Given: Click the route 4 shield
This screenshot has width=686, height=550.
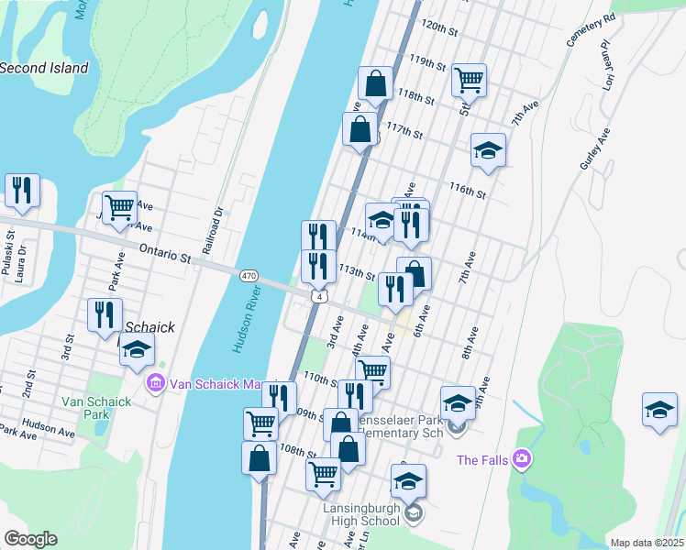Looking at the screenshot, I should point(317,296).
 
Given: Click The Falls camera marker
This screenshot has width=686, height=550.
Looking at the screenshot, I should point(522,458).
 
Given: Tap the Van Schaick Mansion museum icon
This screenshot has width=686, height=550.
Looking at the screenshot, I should point(155,382).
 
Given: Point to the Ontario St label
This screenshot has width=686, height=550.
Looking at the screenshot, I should point(165,254).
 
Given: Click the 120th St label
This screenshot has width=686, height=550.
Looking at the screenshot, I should point(438,29).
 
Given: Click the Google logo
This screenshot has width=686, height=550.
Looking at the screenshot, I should point(30,539).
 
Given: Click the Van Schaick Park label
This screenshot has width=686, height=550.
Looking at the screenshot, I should point(91,408).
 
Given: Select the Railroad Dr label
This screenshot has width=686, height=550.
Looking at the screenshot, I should point(218,225).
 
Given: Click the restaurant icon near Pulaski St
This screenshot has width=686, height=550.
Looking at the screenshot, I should point(21,191).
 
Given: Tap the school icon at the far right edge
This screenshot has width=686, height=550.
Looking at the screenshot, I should point(658,410).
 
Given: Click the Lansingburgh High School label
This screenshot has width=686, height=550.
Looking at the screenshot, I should point(361,513).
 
